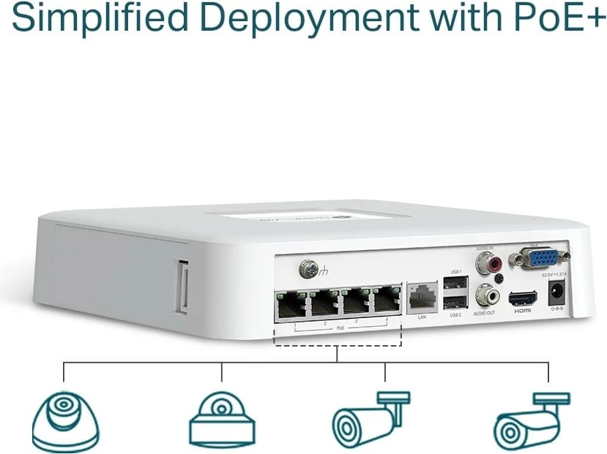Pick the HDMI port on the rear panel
522,298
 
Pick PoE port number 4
386,300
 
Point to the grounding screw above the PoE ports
308,270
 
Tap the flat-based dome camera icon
222,420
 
